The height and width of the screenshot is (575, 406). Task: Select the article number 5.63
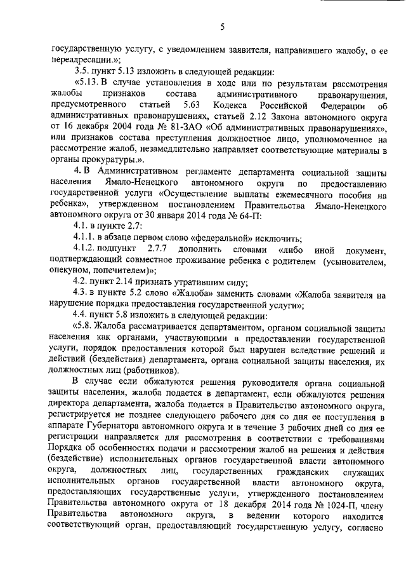point(191,104)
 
